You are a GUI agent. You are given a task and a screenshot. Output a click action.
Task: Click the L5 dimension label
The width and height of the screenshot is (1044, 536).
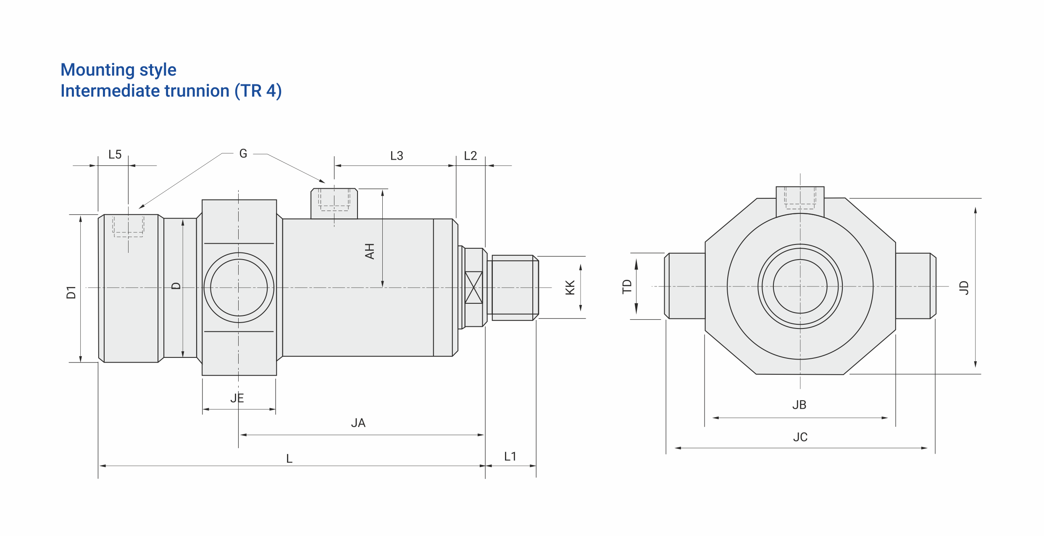tap(115, 155)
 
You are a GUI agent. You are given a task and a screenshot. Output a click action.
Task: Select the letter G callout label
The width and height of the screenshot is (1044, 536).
tap(243, 154)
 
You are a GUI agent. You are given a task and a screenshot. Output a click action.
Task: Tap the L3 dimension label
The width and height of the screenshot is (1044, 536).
tap(397, 156)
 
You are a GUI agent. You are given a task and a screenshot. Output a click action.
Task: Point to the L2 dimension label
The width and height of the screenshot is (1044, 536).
tap(471, 156)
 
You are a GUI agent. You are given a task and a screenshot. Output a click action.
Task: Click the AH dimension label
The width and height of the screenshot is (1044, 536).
tap(369, 251)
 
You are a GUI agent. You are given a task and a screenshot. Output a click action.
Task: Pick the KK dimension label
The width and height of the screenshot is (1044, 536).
tap(570, 288)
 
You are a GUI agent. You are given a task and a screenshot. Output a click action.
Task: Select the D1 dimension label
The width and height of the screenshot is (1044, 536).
tap(71, 292)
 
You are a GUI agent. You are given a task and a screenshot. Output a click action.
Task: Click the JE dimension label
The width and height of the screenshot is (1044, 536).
tap(237, 398)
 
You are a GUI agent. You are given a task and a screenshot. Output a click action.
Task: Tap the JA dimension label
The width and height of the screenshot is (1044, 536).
tap(358, 423)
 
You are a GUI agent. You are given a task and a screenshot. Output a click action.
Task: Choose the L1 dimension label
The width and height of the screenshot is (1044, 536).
tap(510, 457)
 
